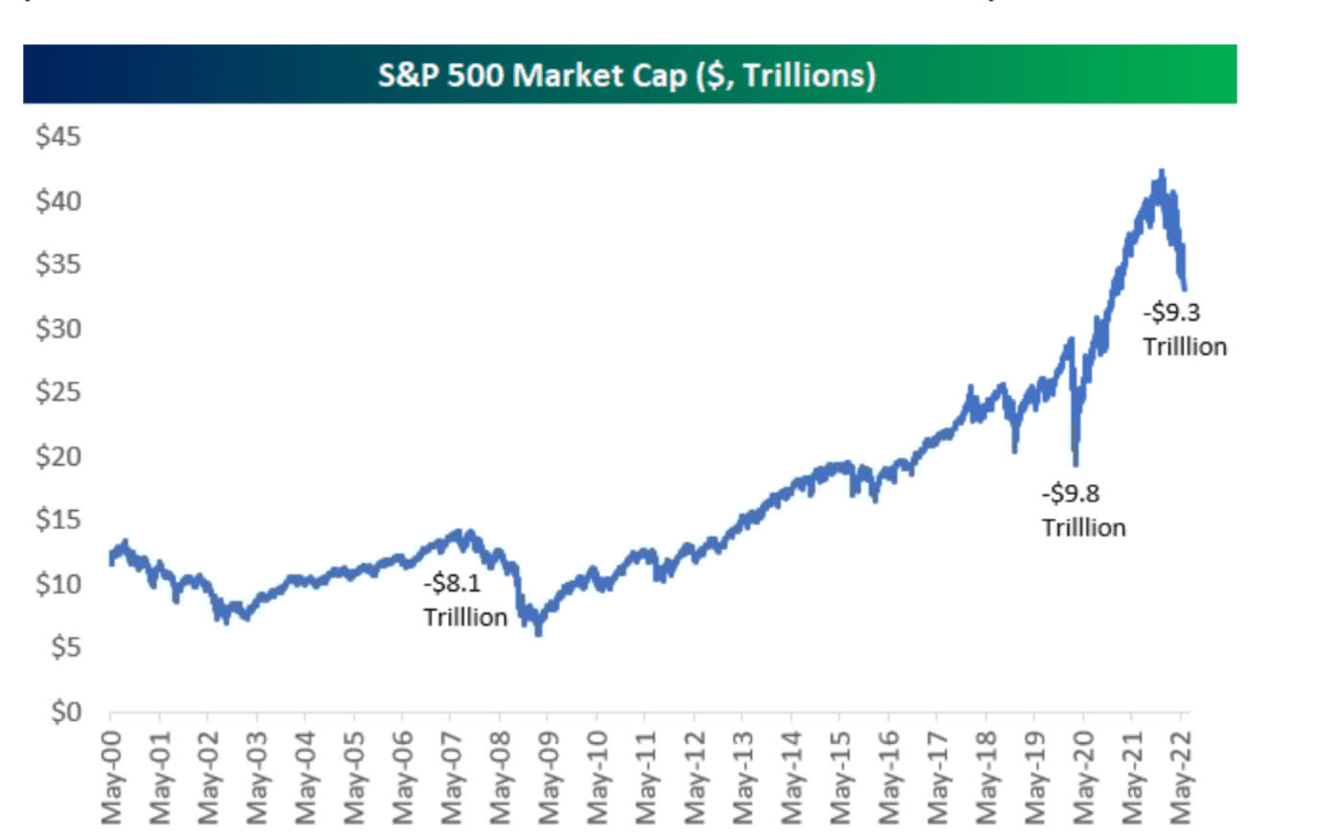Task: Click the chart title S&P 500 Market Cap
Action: (626, 75)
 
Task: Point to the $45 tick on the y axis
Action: (59, 136)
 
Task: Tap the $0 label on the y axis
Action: (65, 711)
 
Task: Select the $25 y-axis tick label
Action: (59, 392)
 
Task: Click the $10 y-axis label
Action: (59, 584)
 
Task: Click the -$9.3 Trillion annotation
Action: (1184, 329)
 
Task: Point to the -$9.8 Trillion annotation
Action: (1083, 510)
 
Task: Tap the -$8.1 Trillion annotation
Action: (465, 599)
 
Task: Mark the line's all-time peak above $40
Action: (1162, 173)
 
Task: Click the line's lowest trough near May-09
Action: (538, 633)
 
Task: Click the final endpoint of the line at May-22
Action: (1186, 287)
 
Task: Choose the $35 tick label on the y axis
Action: (59, 264)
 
